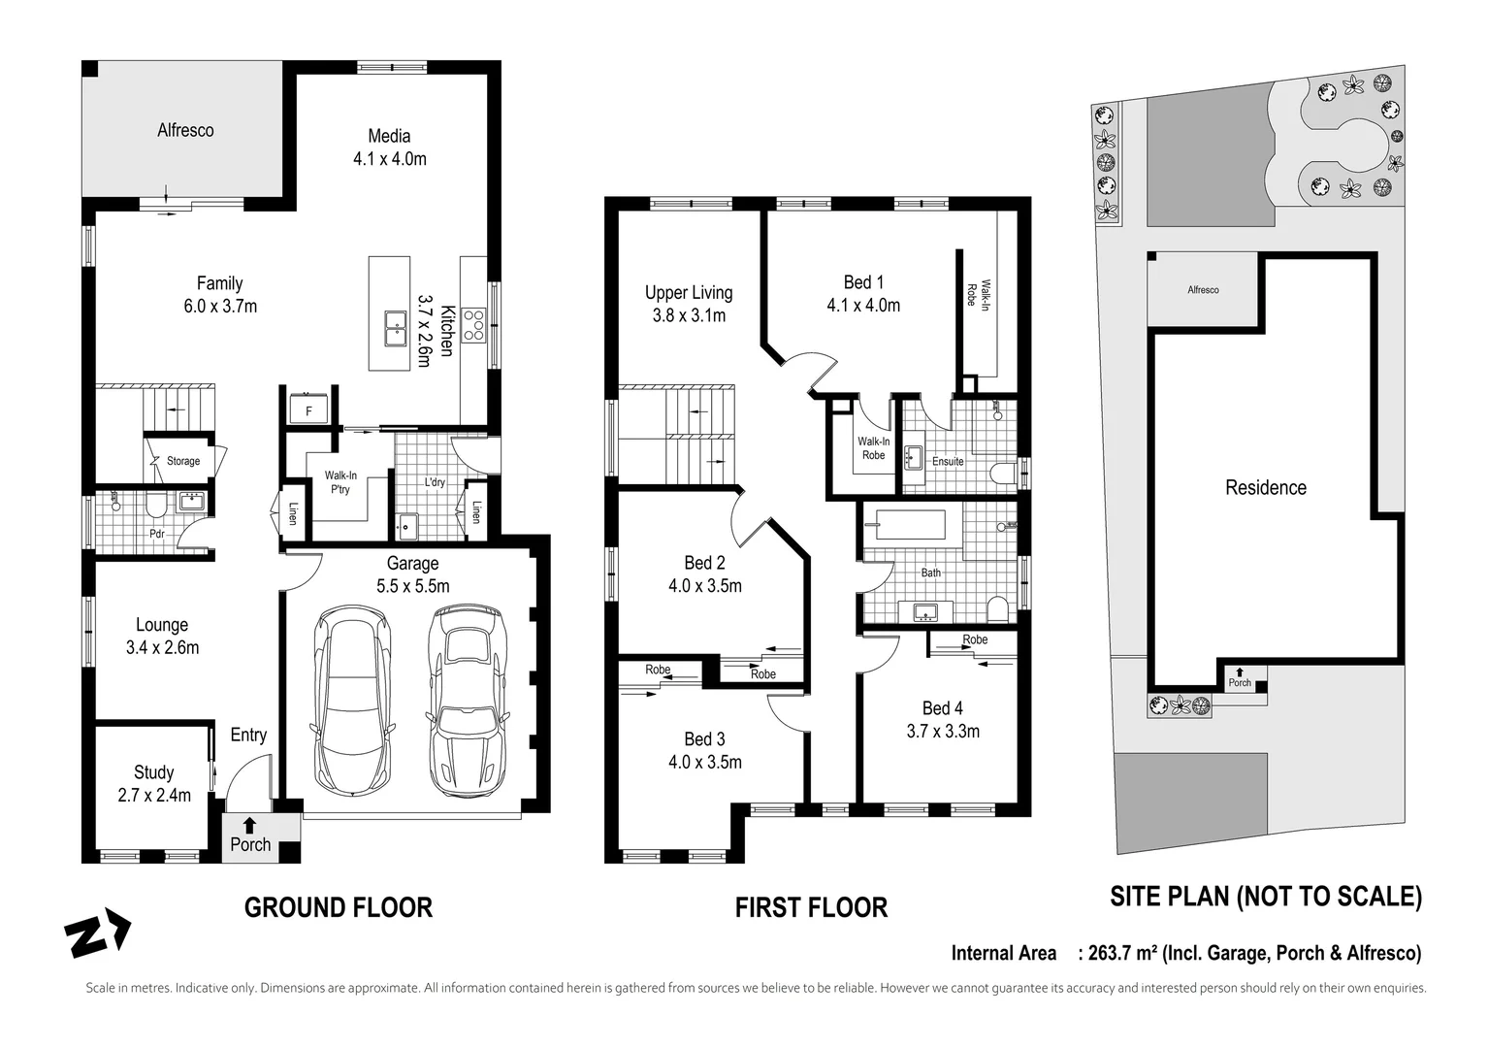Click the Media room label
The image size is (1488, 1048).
pos(389,137)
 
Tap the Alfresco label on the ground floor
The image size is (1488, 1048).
pos(185,130)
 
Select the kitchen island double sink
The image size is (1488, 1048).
pos(395,328)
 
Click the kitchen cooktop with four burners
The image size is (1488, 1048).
pos(473,323)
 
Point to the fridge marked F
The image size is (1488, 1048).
pos(309,410)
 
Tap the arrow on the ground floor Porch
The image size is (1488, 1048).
pos(250,826)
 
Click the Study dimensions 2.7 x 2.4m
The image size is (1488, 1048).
pos(154,796)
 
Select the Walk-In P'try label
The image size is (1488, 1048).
pos(340,482)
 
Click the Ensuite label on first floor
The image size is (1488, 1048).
pos(948,462)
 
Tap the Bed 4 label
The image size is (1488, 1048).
pos(942,708)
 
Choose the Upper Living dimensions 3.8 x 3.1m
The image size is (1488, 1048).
pos(689,315)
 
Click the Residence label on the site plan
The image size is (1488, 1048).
pos(1265,488)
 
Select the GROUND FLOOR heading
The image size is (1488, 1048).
pos(338,907)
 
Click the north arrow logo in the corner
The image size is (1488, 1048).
pos(97,933)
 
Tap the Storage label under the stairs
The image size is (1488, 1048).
pos(182,461)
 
